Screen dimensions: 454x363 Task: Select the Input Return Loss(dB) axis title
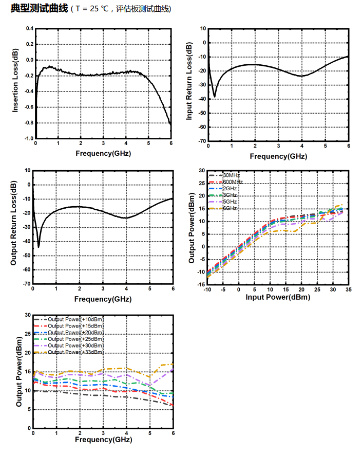[189, 82]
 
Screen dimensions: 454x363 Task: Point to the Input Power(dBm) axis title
[278, 298]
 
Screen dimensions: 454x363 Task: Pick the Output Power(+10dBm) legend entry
[75, 319]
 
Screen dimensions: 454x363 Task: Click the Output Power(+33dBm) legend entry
[75, 352]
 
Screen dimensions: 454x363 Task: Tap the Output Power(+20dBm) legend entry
[75, 332]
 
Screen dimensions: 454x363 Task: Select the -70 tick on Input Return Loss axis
[202, 141]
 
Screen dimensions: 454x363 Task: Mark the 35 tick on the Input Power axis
[349, 290]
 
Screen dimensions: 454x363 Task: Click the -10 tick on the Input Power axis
[207, 290]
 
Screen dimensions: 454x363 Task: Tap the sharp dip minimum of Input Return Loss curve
[214, 96]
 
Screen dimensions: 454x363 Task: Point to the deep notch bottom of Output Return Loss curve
[39, 247]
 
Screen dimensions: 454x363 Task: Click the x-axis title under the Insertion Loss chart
[103, 153]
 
